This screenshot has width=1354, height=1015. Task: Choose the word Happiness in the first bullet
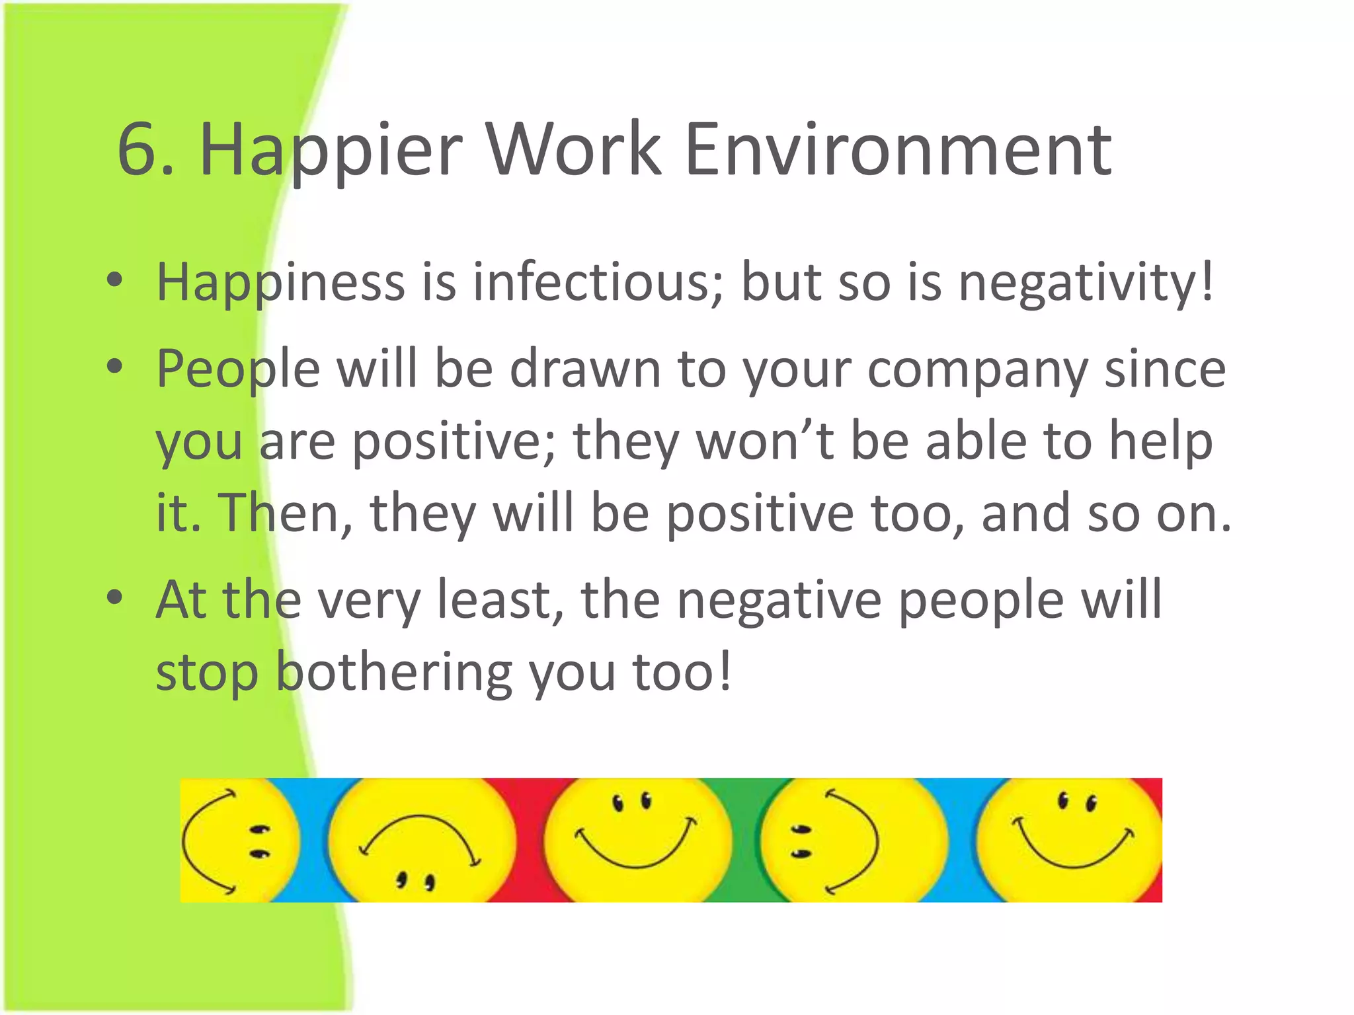coord(280,282)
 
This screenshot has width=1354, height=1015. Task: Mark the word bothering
coord(393,673)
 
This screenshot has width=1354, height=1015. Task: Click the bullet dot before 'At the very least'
coord(115,597)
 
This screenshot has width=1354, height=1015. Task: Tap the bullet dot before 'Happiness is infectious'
coord(115,280)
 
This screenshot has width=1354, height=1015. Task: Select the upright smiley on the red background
coord(636,839)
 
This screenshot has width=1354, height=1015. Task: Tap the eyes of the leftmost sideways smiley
coord(259,841)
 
